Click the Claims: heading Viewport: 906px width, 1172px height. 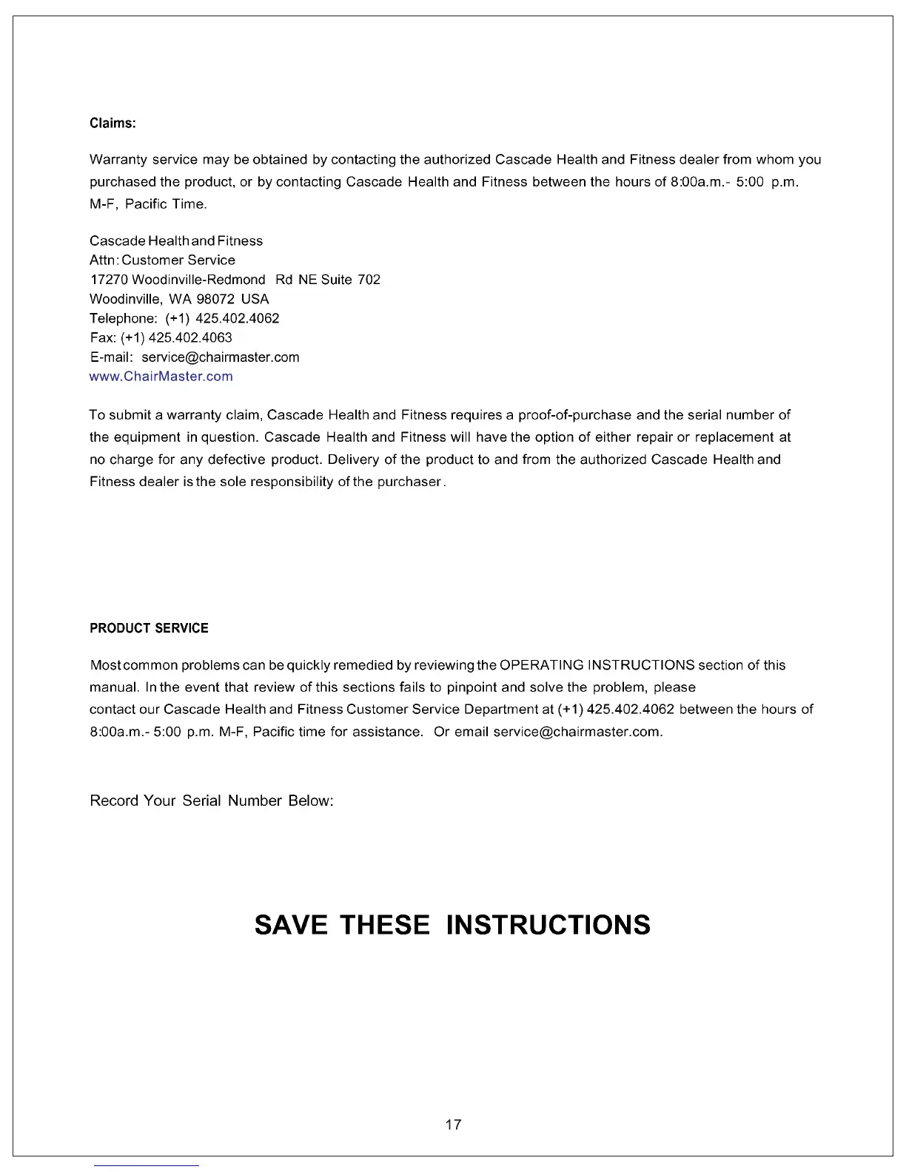pos(113,123)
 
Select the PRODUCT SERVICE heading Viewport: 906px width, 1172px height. pos(149,628)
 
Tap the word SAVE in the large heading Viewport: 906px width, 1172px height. pos(291,925)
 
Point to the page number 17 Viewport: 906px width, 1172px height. pos(453,1125)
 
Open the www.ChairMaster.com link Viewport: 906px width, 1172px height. pos(161,376)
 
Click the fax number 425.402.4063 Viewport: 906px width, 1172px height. pos(190,337)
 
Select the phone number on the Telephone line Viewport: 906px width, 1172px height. pos(237,318)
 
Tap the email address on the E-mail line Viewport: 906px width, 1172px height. pos(221,357)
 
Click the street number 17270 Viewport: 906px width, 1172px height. pos(108,280)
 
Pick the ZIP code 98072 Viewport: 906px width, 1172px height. pos(215,299)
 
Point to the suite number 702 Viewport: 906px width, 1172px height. pos(369,280)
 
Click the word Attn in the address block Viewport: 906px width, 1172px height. pos(103,260)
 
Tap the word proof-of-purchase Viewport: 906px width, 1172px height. pos(574,415)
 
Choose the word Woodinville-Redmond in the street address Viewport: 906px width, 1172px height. pos(198,280)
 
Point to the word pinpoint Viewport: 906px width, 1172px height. pos(472,687)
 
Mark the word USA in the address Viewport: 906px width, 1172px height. pos(255,299)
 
